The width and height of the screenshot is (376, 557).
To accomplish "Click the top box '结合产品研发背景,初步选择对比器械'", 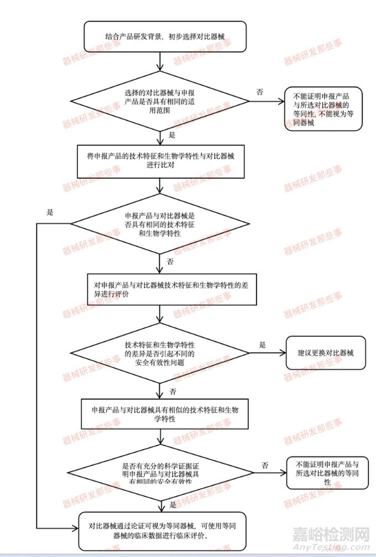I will click(160, 37).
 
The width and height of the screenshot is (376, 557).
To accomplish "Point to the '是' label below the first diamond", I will click(171, 135).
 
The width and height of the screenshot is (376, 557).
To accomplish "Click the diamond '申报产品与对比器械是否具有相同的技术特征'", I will click(160, 223).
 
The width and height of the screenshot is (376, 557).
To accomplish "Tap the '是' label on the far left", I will click(50, 212).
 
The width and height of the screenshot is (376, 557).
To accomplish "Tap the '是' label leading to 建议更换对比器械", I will click(262, 345).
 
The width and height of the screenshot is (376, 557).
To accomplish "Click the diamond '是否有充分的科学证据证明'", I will click(160, 473).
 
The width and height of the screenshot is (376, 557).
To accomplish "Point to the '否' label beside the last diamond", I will click(265, 465).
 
